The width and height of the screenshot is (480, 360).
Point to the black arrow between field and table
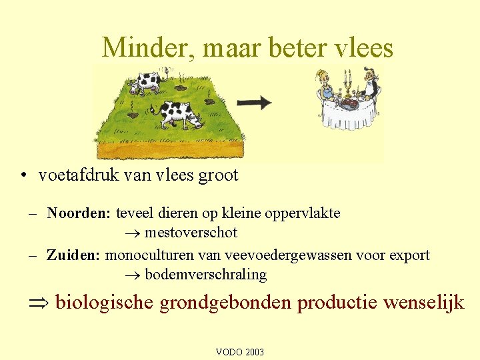pos(255,102)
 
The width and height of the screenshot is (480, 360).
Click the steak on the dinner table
pos(347,104)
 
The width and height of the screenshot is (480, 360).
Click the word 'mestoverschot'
pos(191,233)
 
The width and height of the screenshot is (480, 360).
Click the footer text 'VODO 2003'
pos(240,351)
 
